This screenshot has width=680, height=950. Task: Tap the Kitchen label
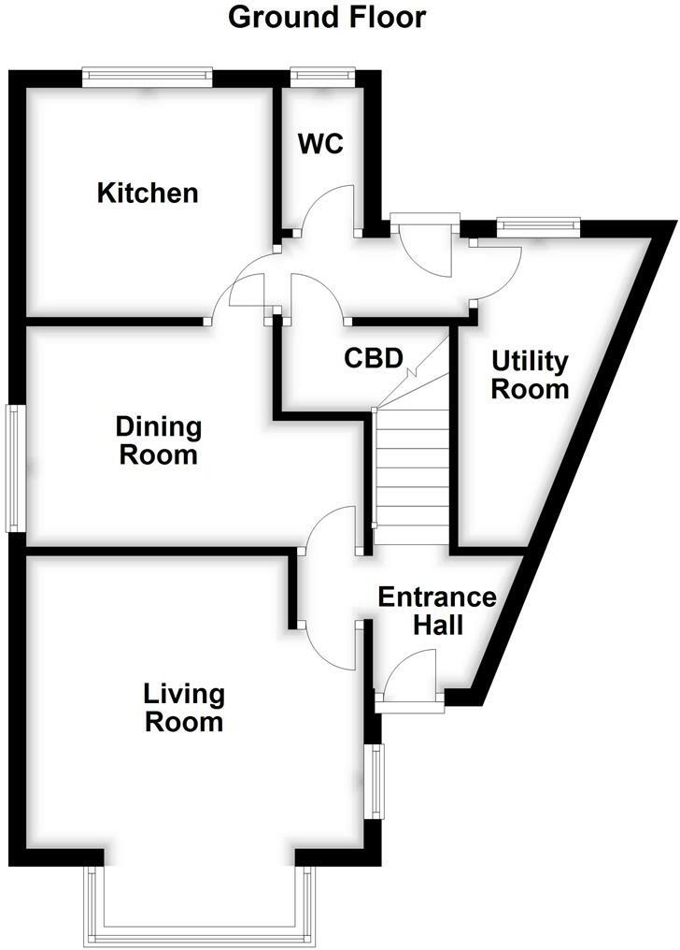pyautogui.click(x=149, y=194)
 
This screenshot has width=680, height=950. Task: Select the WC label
pyautogui.click(x=320, y=144)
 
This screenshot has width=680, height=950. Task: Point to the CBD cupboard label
pyautogui.click(x=373, y=358)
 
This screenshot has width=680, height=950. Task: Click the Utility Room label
pyautogui.click(x=530, y=374)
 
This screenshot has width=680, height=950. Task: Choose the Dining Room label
pyautogui.click(x=158, y=441)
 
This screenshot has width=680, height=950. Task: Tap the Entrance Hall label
pyautogui.click(x=436, y=611)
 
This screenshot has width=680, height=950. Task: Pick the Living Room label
pyautogui.click(x=184, y=708)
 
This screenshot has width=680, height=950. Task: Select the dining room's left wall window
pyautogui.click(x=15, y=468)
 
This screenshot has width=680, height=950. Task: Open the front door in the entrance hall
pyautogui.click(x=409, y=683)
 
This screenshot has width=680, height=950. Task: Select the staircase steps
pyautogui.click(x=412, y=472)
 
